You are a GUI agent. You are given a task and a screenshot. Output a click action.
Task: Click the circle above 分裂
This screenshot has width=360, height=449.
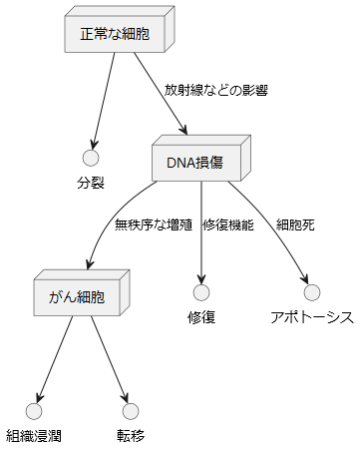click(x=91, y=158)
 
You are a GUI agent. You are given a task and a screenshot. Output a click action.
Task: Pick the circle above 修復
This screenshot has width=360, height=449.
click(x=201, y=292)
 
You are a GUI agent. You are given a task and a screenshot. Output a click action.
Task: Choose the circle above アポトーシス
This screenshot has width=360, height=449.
click(x=312, y=292)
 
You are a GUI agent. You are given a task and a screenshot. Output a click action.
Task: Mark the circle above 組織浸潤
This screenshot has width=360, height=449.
click(x=34, y=411)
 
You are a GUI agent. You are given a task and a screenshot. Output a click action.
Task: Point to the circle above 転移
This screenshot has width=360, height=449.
click(x=131, y=411)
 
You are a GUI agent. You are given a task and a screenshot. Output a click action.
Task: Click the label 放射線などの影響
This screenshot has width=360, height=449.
click(x=216, y=90)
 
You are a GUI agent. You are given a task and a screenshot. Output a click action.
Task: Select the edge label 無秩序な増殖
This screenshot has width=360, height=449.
click(x=154, y=224)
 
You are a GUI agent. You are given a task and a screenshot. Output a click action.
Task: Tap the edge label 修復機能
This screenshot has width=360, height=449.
click(x=228, y=224)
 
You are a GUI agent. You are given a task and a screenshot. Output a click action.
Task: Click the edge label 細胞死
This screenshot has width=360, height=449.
click(x=295, y=224)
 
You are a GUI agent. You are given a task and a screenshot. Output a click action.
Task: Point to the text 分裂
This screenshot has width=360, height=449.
click(x=91, y=183)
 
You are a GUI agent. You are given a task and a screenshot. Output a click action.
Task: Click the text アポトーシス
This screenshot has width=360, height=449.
click(x=312, y=317)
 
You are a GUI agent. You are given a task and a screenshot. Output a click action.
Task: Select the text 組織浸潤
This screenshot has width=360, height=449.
click(x=34, y=436)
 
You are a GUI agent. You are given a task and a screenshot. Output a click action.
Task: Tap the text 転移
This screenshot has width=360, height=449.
click(x=131, y=436)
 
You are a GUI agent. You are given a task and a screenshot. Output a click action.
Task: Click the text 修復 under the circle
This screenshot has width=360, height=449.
click(x=201, y=317)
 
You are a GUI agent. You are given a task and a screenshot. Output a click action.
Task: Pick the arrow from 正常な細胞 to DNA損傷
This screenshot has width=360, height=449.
click(x=161, y=94)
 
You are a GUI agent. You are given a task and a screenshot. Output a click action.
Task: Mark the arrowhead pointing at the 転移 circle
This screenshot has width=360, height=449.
click(x=125, y=398)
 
